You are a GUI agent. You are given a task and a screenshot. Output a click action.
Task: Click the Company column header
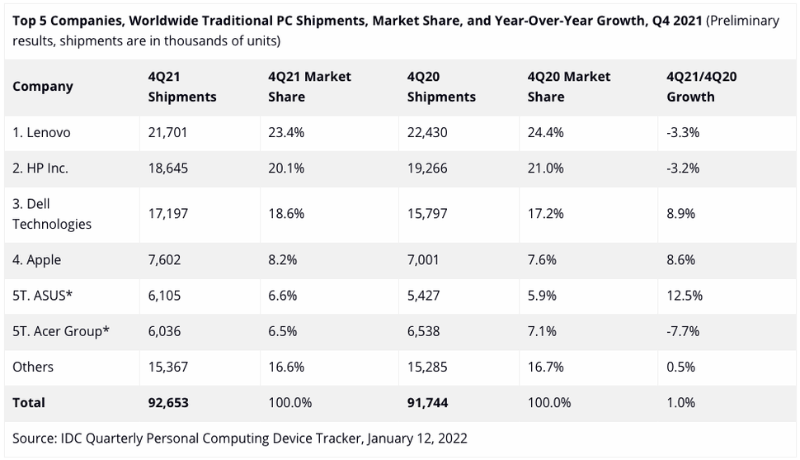43,87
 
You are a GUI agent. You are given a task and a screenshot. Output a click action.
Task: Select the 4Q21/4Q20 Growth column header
700,87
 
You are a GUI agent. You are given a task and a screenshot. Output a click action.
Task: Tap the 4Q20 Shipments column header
441,87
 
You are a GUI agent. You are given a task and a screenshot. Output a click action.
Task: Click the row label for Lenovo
41,133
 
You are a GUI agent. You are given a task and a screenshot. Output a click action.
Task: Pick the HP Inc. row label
40,168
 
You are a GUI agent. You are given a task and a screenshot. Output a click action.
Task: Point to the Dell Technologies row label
52,215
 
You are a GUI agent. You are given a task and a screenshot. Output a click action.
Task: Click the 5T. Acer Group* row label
61,332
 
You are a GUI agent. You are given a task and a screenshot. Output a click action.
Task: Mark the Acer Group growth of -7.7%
683,332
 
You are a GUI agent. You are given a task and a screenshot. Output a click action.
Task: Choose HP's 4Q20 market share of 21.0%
545,168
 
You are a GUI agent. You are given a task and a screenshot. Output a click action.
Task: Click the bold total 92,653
169,403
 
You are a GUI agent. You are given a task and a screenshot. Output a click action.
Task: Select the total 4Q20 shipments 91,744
428,403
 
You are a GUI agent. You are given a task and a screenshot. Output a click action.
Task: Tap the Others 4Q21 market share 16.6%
286,368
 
